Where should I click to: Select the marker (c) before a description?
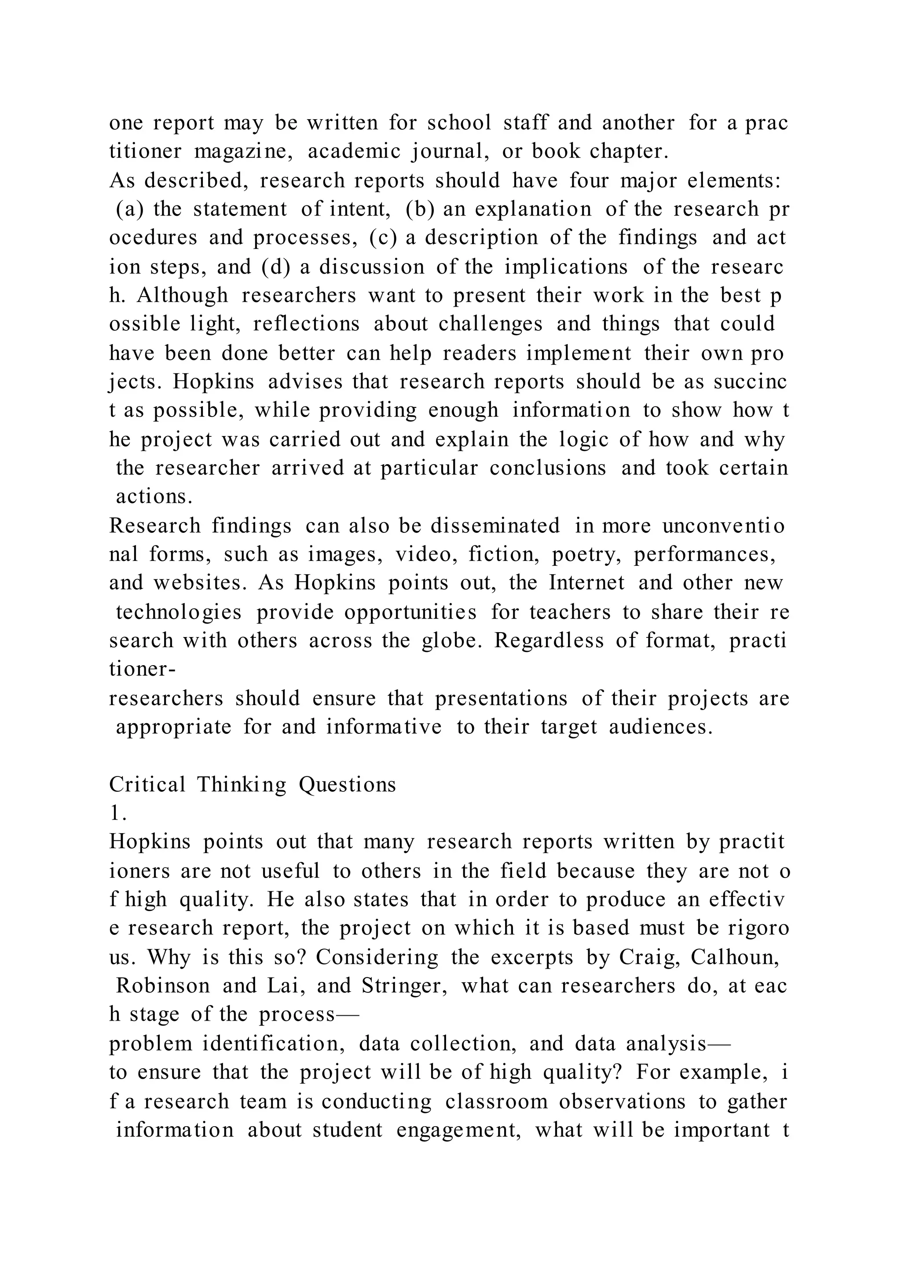pyautogui.click(x=383, y=238)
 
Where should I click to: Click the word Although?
pyautogui.click(x=183, y=295)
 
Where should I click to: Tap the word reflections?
pyautogui.click(x=306, y=324)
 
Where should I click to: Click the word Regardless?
pyautogui.click(x=549, y=641)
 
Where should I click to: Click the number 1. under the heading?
pyautogui.click(x=118, y=813)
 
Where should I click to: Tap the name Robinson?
pyautogui.click(x=163, y=986)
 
